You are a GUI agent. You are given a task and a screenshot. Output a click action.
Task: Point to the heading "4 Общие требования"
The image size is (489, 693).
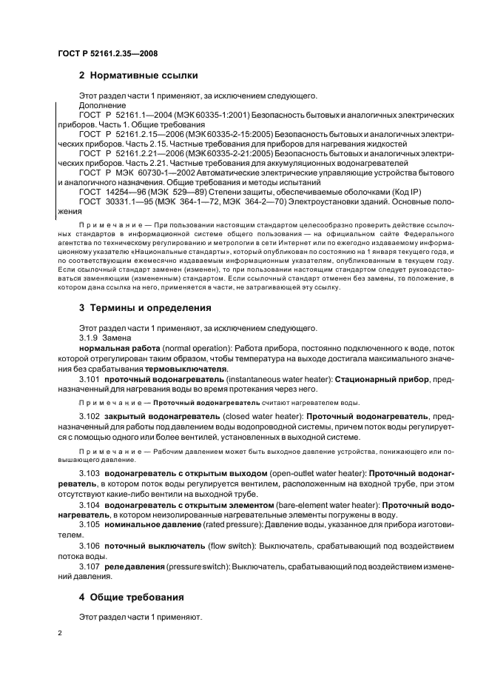132,596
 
